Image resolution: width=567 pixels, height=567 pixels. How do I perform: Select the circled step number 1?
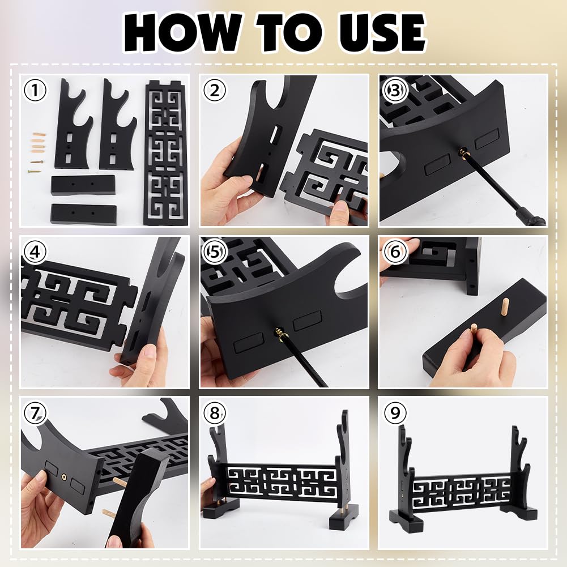tap(35, 90)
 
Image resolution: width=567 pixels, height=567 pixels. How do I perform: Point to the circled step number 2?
tap(215, 90)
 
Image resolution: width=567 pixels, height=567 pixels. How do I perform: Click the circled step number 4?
tap(35, 252)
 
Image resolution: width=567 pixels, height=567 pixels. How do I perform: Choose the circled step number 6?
tap(394, 251)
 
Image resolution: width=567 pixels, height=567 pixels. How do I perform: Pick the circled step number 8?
tap(215, 413)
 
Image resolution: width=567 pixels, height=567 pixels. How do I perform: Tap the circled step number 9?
tap(395, 413)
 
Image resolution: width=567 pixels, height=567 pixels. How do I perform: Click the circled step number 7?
tap(35, 413)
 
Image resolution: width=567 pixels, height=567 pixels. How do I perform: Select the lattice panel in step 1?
tap(165, 153)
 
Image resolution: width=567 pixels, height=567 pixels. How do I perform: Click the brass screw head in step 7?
tap(65, 479)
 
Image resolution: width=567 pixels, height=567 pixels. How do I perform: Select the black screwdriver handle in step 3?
tap(528, 216)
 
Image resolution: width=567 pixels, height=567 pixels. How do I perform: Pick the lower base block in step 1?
tap(83, 214)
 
